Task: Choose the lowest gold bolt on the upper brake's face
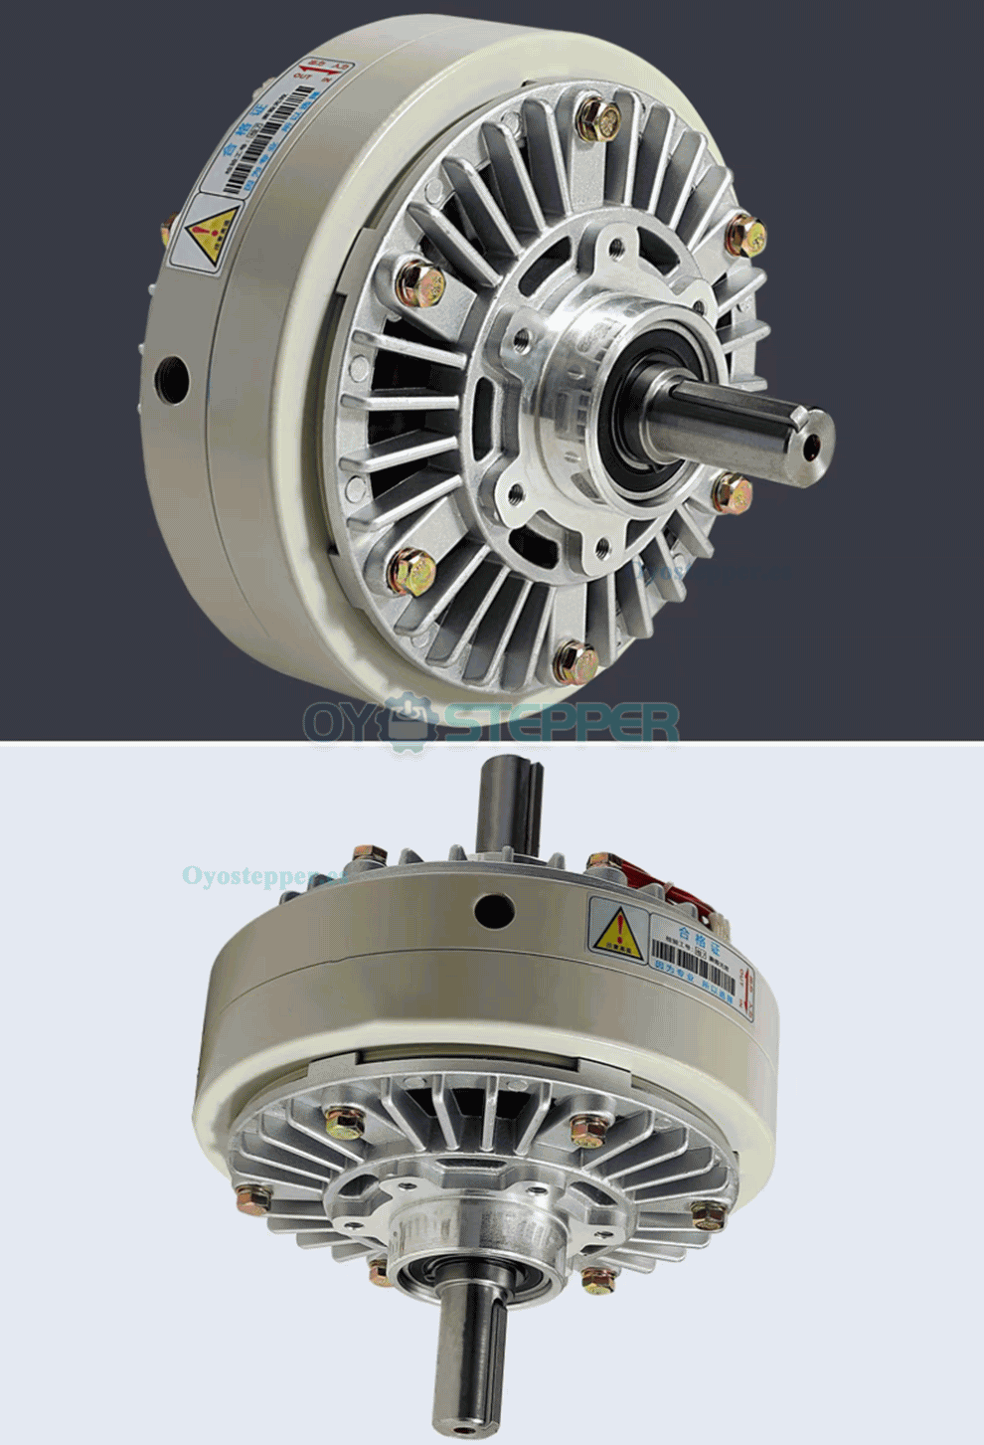574,660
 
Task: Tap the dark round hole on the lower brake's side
493,908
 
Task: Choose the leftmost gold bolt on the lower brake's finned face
252,1197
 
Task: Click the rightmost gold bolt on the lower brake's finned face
709,1214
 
